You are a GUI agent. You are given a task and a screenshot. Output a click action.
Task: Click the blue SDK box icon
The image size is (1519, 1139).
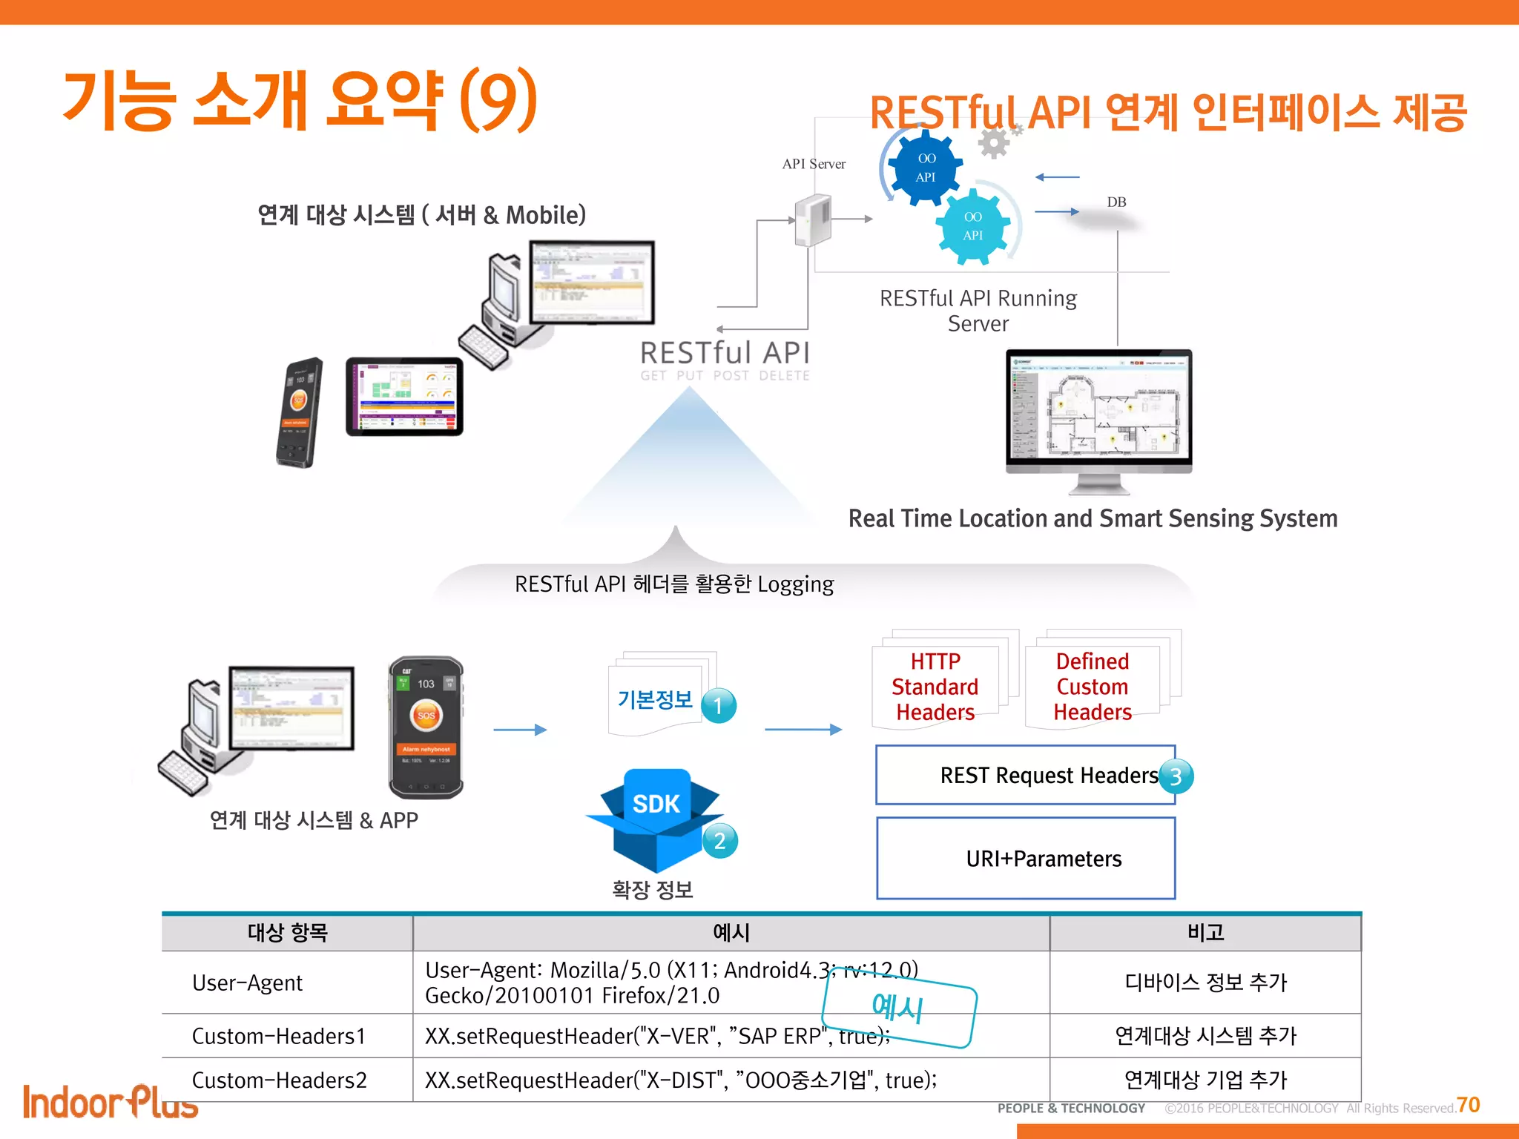(655, 819)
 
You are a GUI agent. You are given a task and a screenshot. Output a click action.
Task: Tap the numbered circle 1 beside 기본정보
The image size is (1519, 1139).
(718, 705)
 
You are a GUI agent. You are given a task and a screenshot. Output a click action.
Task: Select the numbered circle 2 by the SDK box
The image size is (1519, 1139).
(719, 841)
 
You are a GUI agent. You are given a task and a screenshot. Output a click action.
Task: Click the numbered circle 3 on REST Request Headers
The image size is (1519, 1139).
(1176, 776)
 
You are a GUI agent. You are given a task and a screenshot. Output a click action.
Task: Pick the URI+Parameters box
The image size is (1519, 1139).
(1026, 858)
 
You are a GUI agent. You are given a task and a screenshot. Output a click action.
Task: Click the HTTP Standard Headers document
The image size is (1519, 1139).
(935, 687)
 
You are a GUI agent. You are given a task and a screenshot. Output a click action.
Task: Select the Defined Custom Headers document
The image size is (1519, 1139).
(1093, 687)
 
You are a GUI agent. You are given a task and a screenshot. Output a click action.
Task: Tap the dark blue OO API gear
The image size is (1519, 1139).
(926, 168)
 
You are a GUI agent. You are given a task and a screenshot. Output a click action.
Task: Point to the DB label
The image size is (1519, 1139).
(1116, 202)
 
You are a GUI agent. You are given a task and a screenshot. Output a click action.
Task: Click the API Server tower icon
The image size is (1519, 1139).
(812, 220)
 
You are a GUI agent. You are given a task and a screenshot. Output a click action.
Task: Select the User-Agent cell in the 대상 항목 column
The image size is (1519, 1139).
(248, 983)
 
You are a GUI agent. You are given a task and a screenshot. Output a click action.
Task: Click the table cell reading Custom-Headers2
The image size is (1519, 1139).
(280, 1080)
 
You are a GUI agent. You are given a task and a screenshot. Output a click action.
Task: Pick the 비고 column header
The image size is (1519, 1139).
(1205, 932)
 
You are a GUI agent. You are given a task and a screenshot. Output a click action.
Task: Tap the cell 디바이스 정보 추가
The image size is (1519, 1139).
(1205, 983)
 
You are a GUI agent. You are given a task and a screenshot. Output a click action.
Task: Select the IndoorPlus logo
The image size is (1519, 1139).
(110, 1102)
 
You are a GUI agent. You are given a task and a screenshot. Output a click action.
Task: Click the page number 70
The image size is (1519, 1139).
(1468, 1105)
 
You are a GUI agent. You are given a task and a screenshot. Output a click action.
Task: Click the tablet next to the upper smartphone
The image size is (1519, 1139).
(404, 397)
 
